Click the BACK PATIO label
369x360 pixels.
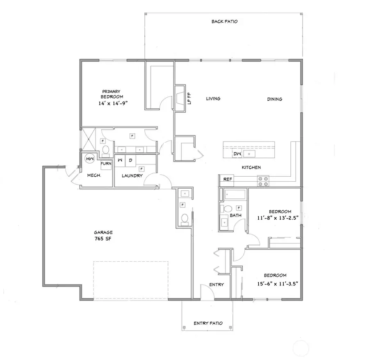pos(224,21)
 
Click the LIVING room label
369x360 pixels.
pos(213,99)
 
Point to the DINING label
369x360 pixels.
pos(274,99)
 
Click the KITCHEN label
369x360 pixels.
pos(251,167)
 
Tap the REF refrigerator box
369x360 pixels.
pos(227,179)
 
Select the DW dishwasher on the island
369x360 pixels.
pos(237,153)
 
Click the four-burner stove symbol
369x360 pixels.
pos(263,181)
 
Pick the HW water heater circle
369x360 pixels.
pos(90,158)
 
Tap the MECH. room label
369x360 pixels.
pos(94,176)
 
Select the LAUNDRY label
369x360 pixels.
pos(132,176)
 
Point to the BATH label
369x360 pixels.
pos(235,215)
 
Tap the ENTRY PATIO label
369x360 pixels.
pos(208,323)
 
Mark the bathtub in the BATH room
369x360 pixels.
pos(235,195)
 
